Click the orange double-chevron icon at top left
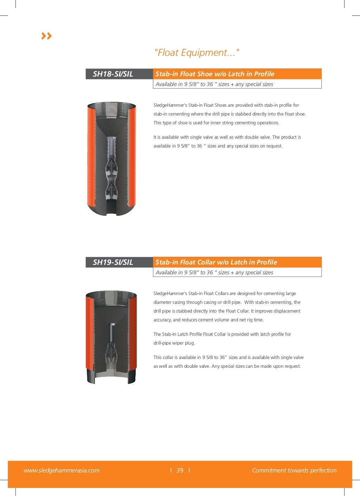[x=46, y=36]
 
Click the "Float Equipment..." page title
[x=197, y=53]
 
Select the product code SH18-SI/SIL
[x=113, y=74]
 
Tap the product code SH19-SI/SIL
[x=113, y=262]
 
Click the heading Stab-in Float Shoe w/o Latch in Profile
[x=215, y=74]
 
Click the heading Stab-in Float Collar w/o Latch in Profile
[x=216, y=262]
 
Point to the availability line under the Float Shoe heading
[x=214, y=84]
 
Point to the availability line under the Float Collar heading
[x=214, y=273]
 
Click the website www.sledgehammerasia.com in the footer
[x=62, y=470]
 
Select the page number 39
[x=180, y=470]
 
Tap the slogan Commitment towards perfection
[x=294, y=470]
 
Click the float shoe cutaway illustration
[x=111, y=158]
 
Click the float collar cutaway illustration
[x=111, y=337]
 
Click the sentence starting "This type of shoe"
[x=216, y=123]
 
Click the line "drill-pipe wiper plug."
[x=174, y=343]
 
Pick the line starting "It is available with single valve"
[x=227, y=137]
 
